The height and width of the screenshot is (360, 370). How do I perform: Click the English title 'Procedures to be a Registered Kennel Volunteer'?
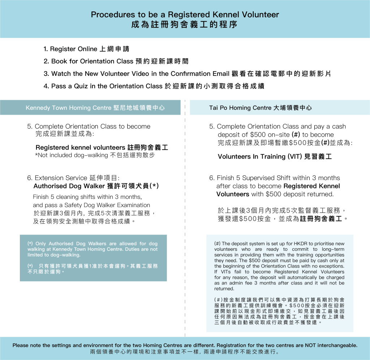(x=185, y=15)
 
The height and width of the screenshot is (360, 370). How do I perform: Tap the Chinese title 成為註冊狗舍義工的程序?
(x=185, y=25)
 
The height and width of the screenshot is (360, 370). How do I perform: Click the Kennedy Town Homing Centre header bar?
(x=90, y=108)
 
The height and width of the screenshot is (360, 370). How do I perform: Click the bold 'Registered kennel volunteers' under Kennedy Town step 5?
(x=80, y=148)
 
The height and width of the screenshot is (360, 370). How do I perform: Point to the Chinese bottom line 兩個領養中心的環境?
(x=123, y=352)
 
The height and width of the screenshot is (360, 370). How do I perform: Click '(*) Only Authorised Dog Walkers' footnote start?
(x=58, y=244)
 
